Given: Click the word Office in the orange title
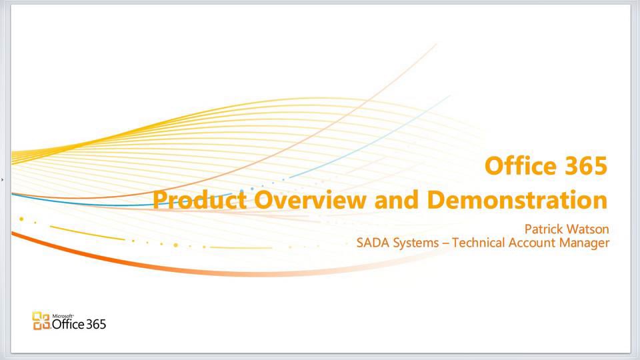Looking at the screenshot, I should pos(515,165).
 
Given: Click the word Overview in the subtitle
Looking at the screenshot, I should pos(311,199).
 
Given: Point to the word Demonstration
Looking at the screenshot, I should pos(517,199).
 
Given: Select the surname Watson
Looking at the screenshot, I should pos(587,229).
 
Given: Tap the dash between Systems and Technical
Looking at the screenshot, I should pos(445,243).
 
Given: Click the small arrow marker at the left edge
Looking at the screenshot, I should pos(3,179).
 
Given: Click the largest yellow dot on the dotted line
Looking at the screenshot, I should pos(22,219).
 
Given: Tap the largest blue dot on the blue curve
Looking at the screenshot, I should pos(251,189).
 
